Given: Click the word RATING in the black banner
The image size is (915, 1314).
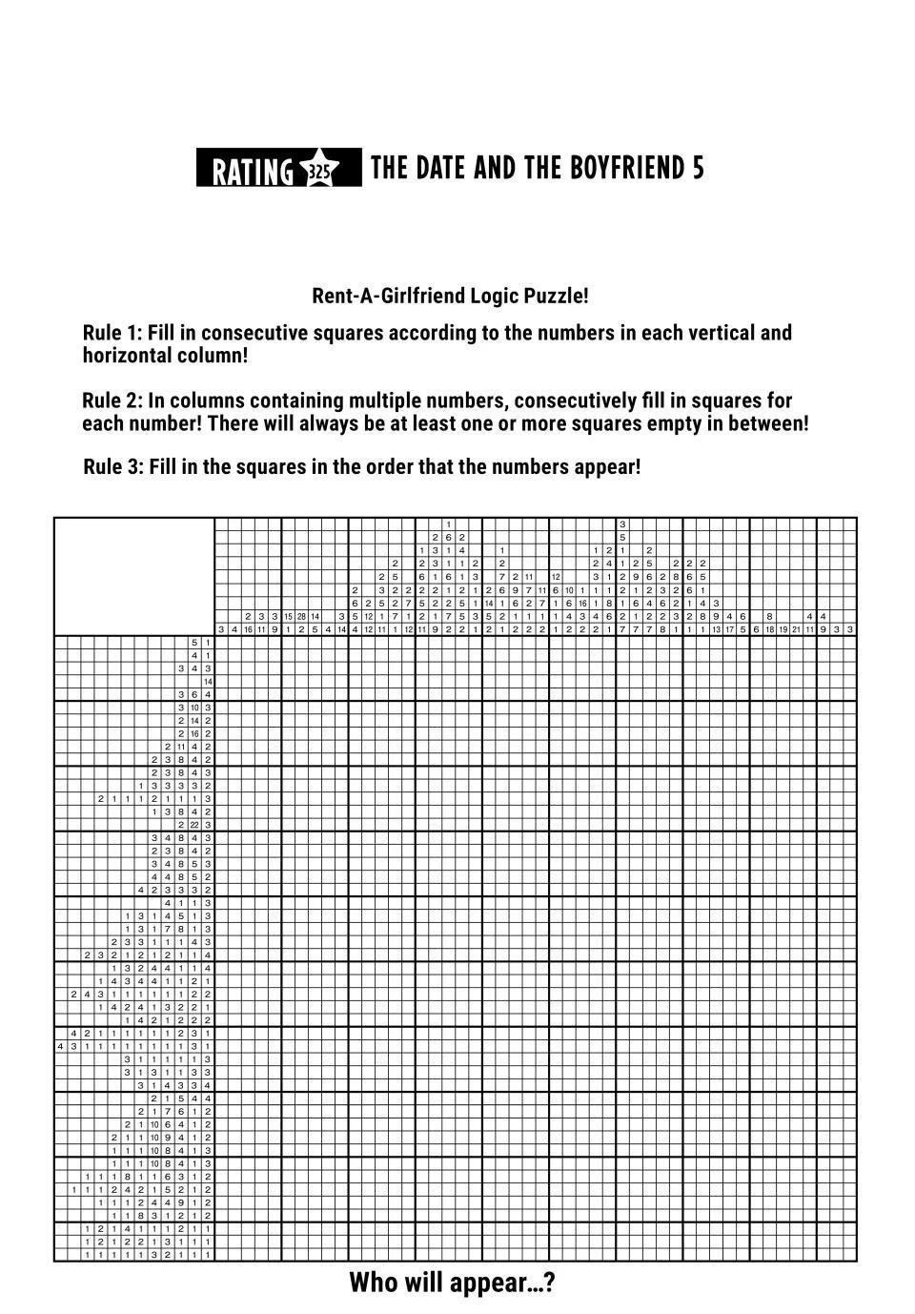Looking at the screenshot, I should pyautogui.click(x=252, y=171).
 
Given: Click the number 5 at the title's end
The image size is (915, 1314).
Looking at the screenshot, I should pyautogui.click(x=699, y=168).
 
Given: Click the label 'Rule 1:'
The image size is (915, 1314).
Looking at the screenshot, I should pyautogui.click(x=113, y=333).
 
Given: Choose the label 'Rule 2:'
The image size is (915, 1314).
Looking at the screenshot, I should pyautogui.click(x=112, y=400).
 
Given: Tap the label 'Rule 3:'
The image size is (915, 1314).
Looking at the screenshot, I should pyautogui.click(x=113, y=467).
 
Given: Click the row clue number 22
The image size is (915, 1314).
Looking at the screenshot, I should pyautogui.click(x=194, y=825).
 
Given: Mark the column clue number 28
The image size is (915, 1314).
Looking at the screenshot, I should pyautogui.click(x=301, y=617).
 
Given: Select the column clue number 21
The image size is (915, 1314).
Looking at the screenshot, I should pyautogui.click(x=796, y=629).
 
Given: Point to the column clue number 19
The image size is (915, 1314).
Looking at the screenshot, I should pyautogui.click(x=783, y=629).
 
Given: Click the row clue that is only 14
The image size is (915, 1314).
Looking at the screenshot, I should pyautogui.click(x=208, y=682).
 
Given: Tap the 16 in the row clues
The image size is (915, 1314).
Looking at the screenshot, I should pyautogui.click(x=194, y=733).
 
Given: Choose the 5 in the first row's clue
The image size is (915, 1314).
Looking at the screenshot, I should pyautogui.click(x=194, y=643).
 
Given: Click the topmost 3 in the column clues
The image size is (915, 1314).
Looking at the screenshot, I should pyautogui.click(x=622, y=524).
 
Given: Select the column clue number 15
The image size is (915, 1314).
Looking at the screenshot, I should pyautogui.click(x=288, y=617).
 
